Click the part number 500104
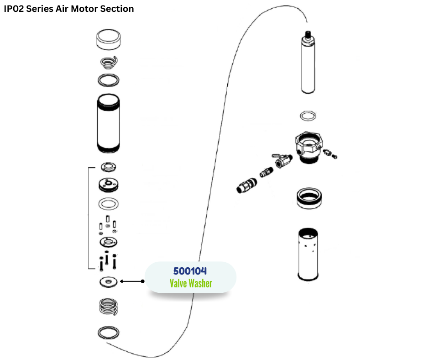(190, 271)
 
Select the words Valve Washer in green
(191, 284)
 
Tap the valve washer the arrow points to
(108, 282)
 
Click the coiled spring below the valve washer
(109, 306)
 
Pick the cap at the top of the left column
(109, 40)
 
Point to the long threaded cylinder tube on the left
(109, 123)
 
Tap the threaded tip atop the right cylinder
(309, 34)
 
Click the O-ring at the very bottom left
(109, 332)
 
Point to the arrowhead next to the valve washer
(124, 281)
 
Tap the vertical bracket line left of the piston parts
(88, 218)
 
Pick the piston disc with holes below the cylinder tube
(109, 184)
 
